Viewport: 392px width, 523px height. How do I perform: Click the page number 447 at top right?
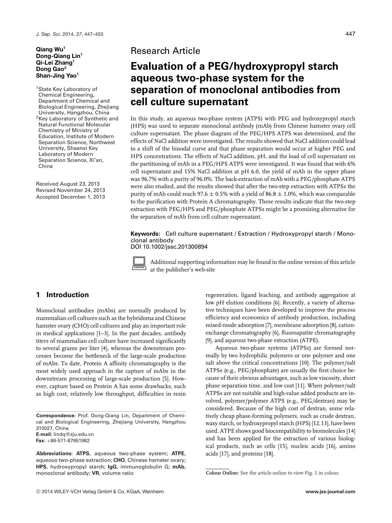350,34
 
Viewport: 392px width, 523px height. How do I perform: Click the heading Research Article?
165,51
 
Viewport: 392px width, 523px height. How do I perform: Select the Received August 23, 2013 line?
68,184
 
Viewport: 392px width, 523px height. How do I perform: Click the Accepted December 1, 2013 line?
70,197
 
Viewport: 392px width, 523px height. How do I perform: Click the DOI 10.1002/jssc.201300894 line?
169,246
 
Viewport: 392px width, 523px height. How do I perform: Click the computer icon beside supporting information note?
139,264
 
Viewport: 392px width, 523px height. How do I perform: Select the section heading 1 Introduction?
62,295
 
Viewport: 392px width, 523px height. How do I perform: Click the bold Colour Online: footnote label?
222,473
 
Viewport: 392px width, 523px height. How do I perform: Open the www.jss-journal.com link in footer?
330,492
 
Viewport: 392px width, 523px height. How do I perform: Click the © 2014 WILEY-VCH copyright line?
100,492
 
